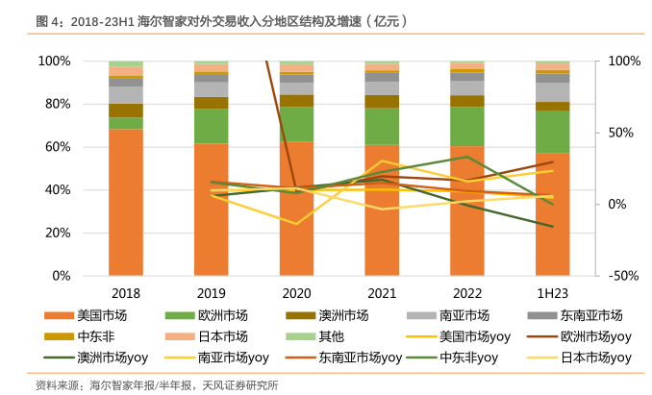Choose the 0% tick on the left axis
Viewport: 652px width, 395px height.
61,276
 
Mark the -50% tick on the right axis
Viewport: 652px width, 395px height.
626,276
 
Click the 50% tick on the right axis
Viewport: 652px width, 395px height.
626,133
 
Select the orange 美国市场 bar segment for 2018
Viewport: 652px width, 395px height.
126,202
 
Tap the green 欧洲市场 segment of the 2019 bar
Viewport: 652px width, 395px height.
212,126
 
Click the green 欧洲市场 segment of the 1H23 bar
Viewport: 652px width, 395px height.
553,132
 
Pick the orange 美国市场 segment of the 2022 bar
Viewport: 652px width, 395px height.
467,210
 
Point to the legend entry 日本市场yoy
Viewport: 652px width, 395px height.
595,358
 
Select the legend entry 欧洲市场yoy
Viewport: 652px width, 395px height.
595,336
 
